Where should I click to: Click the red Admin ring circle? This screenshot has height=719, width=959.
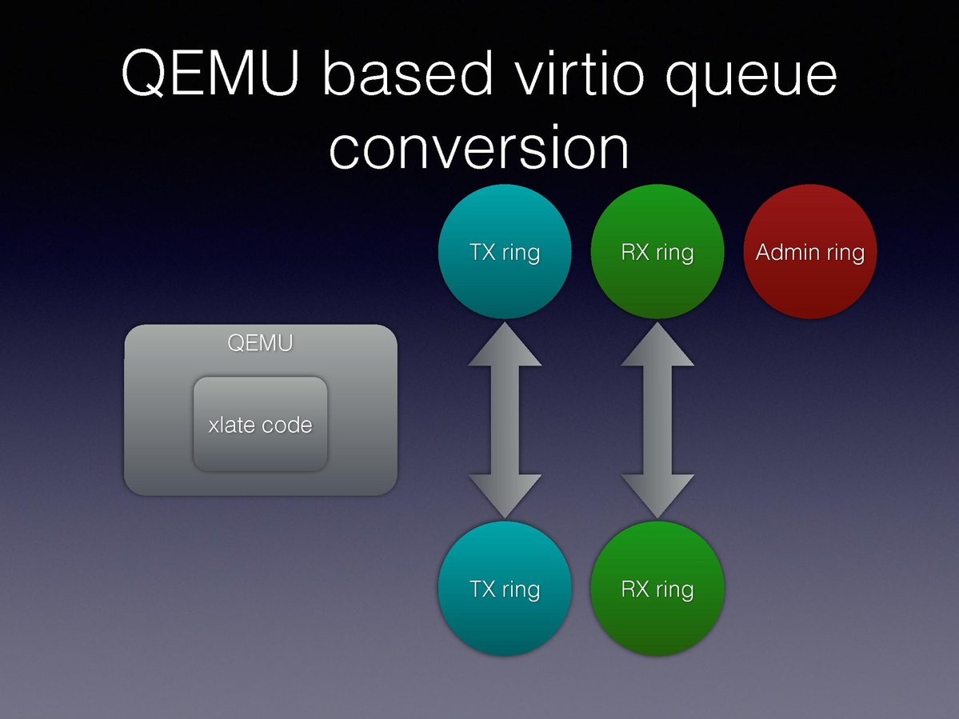click(x=810, y=252)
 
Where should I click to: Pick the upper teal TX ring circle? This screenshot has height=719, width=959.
click(x=505, y=252)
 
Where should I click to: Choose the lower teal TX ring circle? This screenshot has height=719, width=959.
click(x=505, y=589)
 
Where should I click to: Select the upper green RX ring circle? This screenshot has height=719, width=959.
click(x=657, y=252)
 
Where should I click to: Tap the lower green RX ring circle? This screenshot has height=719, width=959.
click(x=657, y=589)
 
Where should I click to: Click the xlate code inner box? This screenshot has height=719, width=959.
click(x=261, y=424)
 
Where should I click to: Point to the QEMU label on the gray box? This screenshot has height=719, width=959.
click(x=261, y=343)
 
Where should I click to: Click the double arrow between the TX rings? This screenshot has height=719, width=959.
click(x=505, y=420)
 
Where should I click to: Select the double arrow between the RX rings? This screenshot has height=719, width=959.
click(x=657, y=420)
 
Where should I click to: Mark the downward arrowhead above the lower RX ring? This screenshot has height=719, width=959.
click(x=657, y=496)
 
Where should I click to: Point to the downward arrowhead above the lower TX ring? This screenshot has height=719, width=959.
click(x=505, y=496)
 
